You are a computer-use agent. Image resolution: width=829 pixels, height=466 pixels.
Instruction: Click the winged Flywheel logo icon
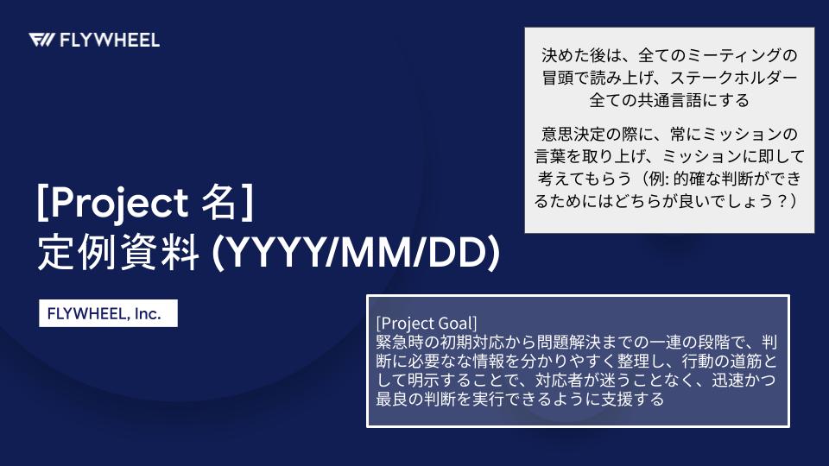(x=41, y=41)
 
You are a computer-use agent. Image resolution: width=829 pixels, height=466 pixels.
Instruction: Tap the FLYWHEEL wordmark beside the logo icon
(x=110, y=41)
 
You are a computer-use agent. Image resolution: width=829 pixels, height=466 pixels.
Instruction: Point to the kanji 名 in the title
(x=218, y=202)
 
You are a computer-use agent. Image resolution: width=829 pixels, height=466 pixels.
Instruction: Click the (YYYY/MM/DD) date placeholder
(x=355, y=253)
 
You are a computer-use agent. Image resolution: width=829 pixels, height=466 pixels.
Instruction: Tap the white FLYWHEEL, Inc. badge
(x=109, y=313)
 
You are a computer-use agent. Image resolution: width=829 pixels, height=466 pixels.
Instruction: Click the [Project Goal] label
(x=427, y=323)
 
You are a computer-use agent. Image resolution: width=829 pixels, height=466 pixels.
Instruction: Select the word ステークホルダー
(x=734, y=78)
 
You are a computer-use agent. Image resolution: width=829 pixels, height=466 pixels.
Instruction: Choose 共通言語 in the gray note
(x=670, y=100)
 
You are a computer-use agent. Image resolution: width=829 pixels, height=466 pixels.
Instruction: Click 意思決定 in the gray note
(x=573, y=134)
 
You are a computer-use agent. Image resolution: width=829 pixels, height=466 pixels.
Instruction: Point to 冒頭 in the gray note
(x=557, y=78)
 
